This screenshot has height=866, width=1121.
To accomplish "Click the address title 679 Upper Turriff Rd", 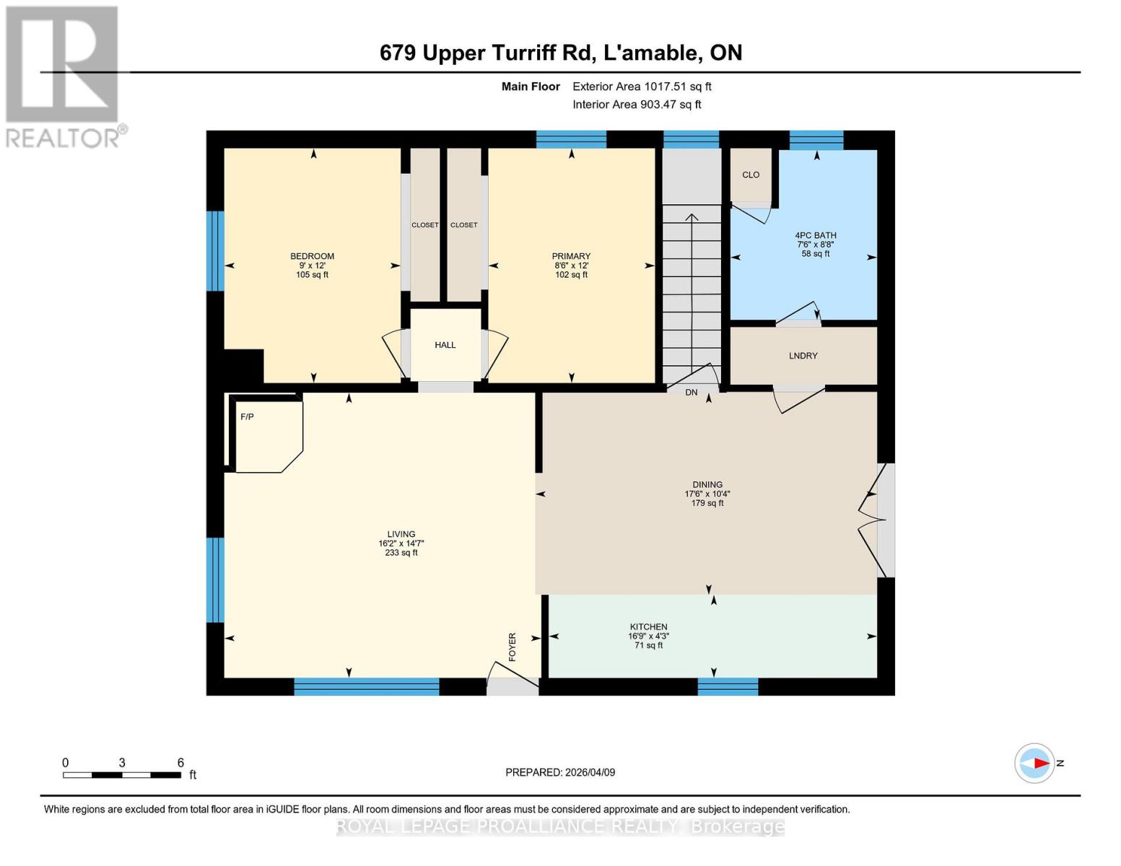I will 560,53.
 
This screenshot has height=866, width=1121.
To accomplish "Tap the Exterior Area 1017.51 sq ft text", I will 642,87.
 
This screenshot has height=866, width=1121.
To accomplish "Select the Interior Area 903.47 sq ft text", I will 637,105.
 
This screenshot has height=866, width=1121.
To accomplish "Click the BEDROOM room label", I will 312,257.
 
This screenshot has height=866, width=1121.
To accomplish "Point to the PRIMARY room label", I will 571,257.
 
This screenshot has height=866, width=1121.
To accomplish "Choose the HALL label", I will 445,345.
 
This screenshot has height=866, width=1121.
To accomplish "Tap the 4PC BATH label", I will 816,236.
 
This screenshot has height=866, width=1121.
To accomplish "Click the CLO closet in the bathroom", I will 751,175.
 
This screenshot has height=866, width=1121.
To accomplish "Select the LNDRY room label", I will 803,356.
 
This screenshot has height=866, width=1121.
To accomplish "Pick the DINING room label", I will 707,485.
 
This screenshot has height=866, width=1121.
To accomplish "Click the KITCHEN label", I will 648,627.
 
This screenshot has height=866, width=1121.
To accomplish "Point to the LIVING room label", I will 401,535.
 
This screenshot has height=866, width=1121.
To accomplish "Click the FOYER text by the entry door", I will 512,647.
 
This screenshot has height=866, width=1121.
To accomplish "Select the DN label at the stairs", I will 692,393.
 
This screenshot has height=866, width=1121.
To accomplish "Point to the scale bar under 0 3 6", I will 121,775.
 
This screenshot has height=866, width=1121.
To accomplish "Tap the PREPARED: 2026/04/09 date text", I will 560,772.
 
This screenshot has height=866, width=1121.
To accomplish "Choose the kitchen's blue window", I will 728,686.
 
